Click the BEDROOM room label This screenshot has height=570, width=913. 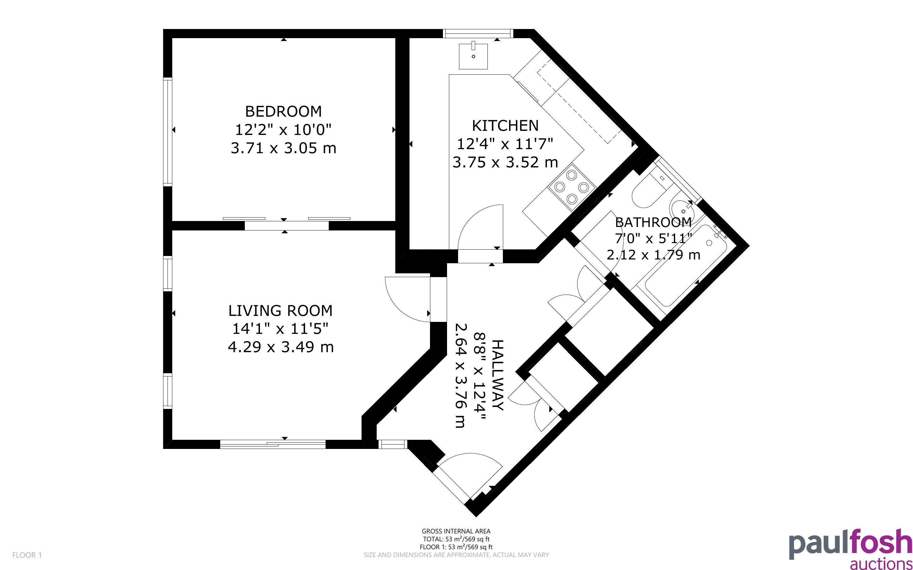[x=283, y=112]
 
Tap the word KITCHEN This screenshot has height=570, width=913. [x=505, y=125]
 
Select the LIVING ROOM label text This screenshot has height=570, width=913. [x=280, y=311]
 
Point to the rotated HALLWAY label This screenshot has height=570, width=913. [x=498, y=375]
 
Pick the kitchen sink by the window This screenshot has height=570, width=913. [x=473, y=56]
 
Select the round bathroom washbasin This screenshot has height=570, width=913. [x=683, y=211]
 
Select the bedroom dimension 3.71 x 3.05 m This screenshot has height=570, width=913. [x=283, y=148]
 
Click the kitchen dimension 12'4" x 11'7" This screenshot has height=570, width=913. [x=505, y=144]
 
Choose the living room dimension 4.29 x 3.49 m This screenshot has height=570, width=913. [x=280, y=347]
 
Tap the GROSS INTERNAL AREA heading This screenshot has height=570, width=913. [x=456, y=531]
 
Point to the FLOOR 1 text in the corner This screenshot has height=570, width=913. [x=27, y=555]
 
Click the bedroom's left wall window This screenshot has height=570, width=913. [x=168, y=131]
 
